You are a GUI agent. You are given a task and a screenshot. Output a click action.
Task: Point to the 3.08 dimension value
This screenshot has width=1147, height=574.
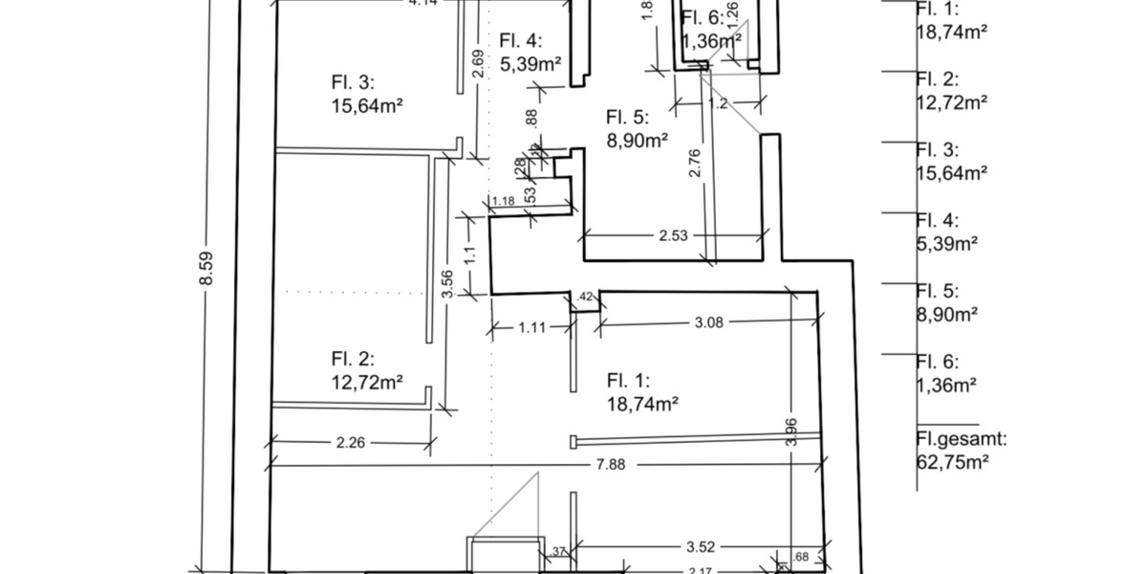click(x=708, y=323)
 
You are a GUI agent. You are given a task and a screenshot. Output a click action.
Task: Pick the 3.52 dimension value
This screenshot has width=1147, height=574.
click(x=701, y=547)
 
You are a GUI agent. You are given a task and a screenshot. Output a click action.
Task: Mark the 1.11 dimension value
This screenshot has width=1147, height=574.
click(x=531, y=327)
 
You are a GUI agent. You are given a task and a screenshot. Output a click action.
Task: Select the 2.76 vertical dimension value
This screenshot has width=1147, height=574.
click(x=695, y=162)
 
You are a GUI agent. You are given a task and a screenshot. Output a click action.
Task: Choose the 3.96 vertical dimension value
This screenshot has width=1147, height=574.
click(x=790, y=430)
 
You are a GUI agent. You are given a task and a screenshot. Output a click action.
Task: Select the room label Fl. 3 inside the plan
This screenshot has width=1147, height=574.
click(x=353, y=82)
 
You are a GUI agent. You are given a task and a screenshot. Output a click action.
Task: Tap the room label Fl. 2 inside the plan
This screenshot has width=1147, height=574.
click(x=353, y=360)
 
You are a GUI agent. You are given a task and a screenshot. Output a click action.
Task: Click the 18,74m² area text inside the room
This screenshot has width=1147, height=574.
click(x=642, y=404)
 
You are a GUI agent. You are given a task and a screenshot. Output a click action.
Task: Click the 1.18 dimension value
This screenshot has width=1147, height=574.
click(x=503, y=201)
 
